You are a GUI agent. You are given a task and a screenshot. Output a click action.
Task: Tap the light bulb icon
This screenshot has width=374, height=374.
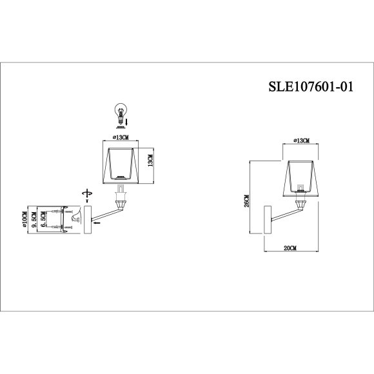[119, 112]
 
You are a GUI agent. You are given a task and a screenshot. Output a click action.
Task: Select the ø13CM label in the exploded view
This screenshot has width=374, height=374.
[120, 137]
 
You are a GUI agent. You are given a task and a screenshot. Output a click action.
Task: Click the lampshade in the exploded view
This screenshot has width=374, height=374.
[120, 165]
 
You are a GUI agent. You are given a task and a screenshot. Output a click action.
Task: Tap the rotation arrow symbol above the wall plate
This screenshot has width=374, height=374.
[86, 193]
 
